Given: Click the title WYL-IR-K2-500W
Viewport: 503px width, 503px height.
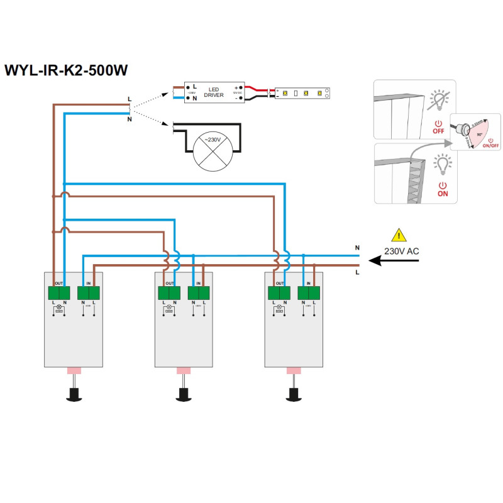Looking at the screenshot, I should pyautogui.click(x=66, y=70).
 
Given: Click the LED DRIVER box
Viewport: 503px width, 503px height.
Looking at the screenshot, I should pyautogui.click(x=214, y=92).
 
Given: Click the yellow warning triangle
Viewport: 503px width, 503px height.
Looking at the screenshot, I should pyautogui.click(x=399, y=236).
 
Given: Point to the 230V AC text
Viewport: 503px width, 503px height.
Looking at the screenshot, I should pyautogui.click(x=401, y=251).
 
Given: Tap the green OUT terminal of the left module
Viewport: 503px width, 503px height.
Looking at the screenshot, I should pyautogui.click(x=60, y=292).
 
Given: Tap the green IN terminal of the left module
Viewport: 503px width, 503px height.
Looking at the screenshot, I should pyautogui.click(x=89, y=292).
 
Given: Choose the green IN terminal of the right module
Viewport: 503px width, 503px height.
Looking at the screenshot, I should pyautogui.click(x=309, y=292).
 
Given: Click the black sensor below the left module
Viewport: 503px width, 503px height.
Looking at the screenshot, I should pyautogui.click(x=74, y=395).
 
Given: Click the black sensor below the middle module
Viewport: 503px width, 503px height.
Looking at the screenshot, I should pyautogui.click(x=184, y=395).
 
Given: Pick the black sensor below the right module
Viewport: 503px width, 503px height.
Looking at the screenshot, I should pyautogui.click(x=294, y=395).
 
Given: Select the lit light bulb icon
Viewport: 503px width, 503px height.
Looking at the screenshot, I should pyautogui.click(x=443, y=165).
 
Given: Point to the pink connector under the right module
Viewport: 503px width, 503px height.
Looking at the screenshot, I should pyautogui.click(x=294, y=370).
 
